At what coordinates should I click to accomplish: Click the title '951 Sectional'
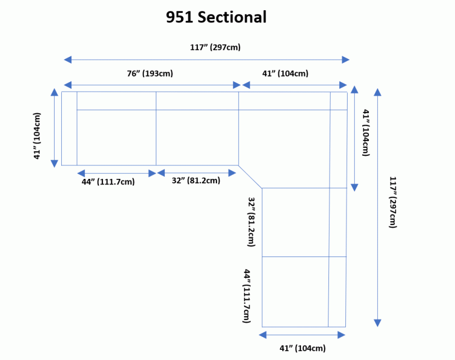point(216,17)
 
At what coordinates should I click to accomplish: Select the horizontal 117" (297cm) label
point(215,47)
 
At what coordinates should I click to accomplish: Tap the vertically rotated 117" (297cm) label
point(393,202)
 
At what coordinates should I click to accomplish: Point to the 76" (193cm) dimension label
point(150,73)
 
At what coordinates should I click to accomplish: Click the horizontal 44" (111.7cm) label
point(109,181)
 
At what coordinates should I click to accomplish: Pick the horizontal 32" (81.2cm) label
point(196,181)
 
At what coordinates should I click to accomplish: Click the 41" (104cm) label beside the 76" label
point(285,73)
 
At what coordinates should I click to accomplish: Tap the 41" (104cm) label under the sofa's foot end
point(303,348)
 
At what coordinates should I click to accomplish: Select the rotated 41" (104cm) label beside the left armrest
point(37,136)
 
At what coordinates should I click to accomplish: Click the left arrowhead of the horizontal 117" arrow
point(67,59)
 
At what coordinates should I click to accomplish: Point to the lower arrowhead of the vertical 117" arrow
point(377,323)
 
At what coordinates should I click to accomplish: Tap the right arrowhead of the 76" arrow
point(237,85)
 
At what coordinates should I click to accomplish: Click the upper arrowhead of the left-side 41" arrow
point(55,92)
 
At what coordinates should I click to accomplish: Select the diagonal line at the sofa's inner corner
point(250,176)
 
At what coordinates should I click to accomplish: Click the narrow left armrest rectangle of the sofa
point(69,128)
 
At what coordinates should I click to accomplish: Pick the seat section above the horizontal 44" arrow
point(116,137)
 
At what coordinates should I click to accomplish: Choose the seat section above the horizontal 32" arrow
point(197,137)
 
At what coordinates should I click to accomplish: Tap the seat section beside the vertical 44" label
point(295,291)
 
